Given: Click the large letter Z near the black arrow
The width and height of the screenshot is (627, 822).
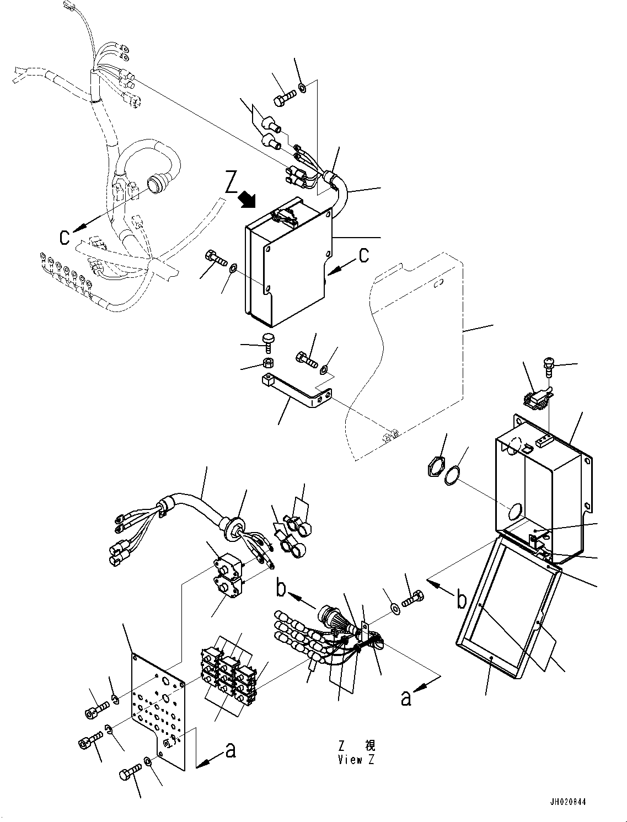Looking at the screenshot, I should tap(232, 182).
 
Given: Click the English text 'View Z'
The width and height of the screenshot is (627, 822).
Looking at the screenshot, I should tap(356, 761).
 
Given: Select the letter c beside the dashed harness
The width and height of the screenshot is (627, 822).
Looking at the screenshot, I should tap(65, 237).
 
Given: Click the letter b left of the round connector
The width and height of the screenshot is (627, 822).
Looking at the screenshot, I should tap(282, 589).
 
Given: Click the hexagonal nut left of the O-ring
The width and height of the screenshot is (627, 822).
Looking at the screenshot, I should tap(435, 468).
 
